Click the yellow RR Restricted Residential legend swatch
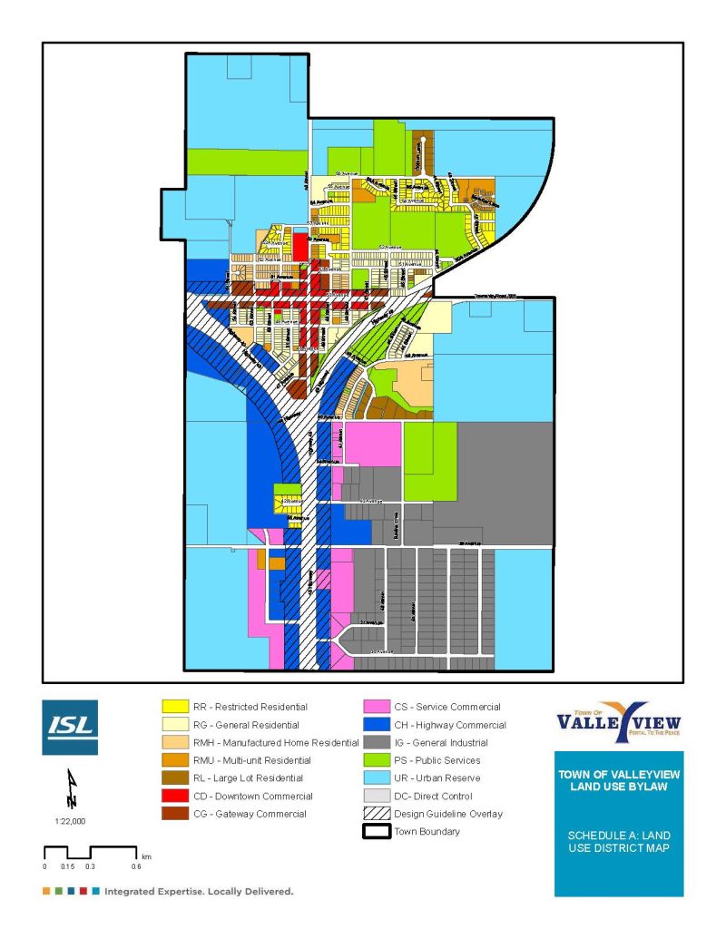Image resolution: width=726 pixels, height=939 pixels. click(172, 707)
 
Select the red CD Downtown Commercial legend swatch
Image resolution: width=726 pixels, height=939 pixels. click(172, 796)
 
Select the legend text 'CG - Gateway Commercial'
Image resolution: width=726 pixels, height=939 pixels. click(249, 814)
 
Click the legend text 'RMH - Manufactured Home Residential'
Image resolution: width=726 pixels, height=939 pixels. click(276, 743)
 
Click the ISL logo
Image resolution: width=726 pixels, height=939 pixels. click(70, 728)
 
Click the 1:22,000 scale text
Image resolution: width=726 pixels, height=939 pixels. click(70, 820)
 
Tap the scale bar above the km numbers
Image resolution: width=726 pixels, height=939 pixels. click(90, 851)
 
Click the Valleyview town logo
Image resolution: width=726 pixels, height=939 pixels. click(618, 722)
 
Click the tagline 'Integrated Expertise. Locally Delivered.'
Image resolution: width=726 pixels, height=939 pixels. click(199, 892)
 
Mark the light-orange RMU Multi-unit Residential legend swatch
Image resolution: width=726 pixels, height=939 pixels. click(172, 760)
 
